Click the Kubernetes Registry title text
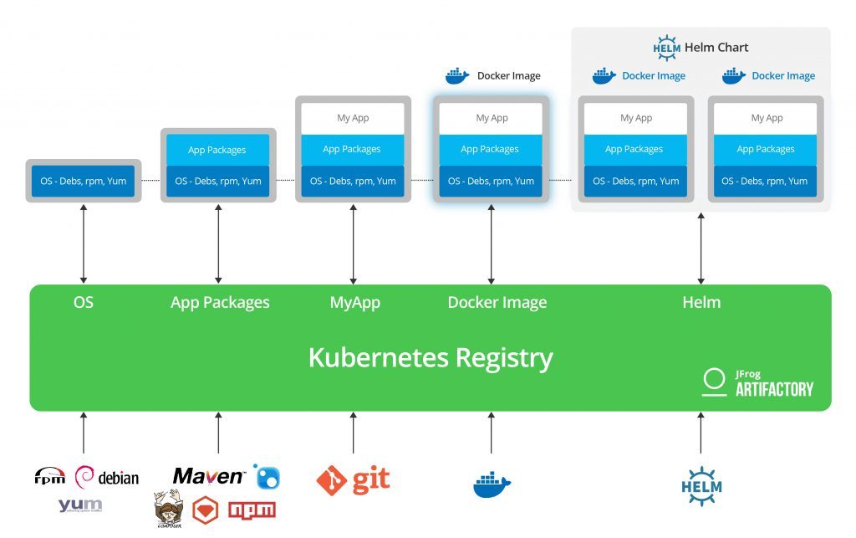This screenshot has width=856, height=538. click(431, 357)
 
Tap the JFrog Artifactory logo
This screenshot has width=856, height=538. click(757, 382)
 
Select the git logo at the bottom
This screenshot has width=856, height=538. click(353, 479)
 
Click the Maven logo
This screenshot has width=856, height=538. click(209, 476)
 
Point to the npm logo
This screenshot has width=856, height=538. click(252, 510)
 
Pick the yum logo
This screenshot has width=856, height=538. click(80, 505)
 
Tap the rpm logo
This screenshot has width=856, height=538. click(49, 477)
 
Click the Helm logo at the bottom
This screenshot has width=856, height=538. click(701, 486)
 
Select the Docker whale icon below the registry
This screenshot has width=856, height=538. click(492, 484)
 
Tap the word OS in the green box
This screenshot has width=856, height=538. click(84, 302)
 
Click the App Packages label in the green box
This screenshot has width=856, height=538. click(220, 302)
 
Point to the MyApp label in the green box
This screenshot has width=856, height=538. click(354, 302)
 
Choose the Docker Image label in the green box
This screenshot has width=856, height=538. click(497, 302)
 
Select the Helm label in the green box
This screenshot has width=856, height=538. click(701, 302)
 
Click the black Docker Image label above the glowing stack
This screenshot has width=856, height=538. click(508, 76)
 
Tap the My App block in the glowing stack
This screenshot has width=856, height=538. click(491, 118)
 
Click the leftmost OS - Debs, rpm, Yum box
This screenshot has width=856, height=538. click(83, 181)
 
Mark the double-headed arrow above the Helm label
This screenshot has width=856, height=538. click(701, 249)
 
